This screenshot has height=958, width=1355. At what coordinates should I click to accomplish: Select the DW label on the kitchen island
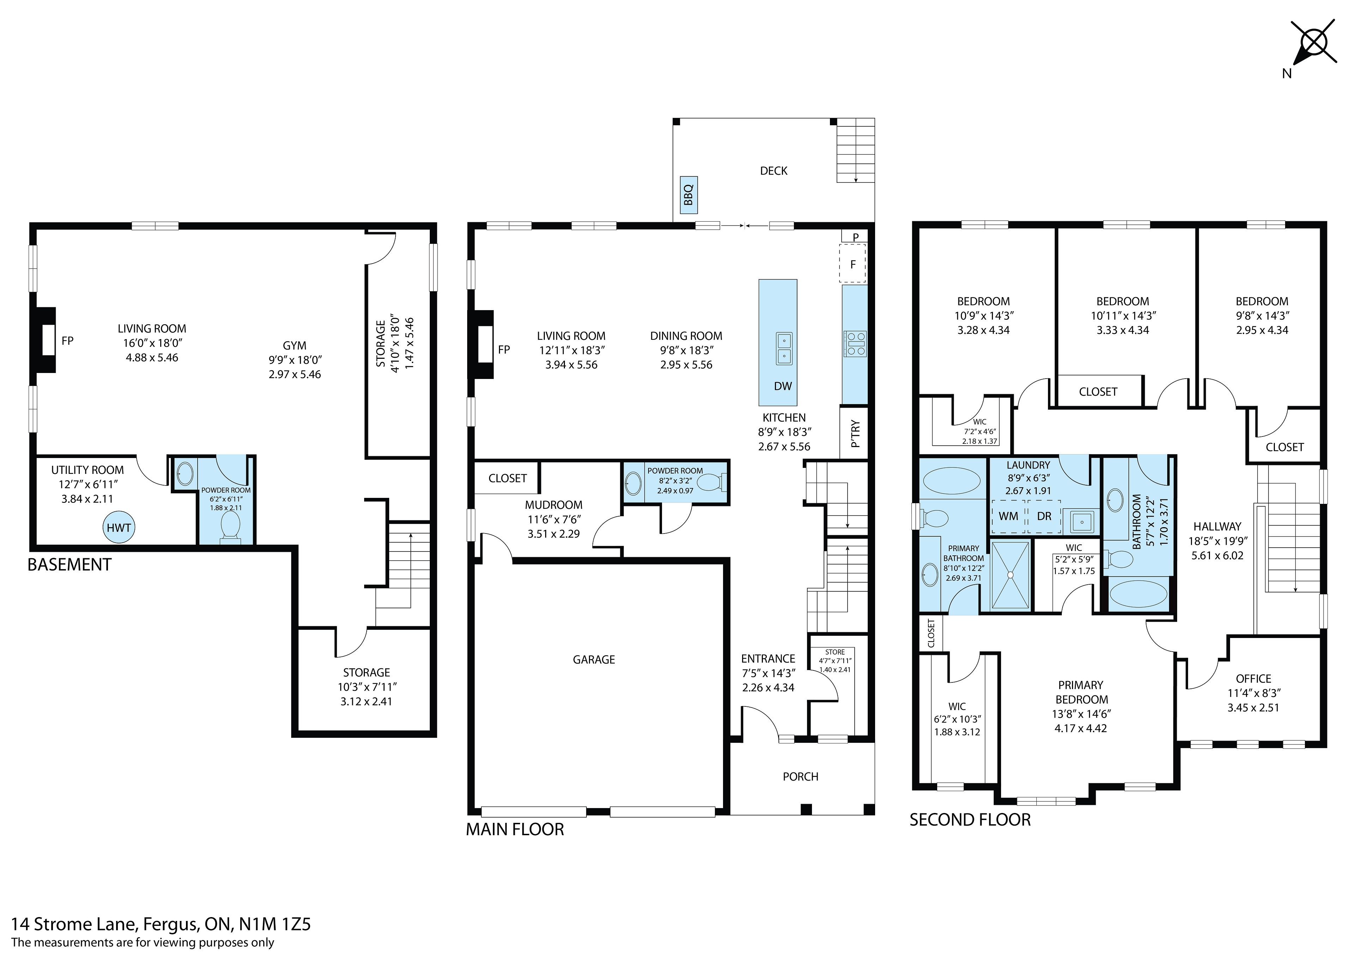pyautogui.click(x=783, y=386)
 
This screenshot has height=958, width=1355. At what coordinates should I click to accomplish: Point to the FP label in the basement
pyautogui.click(x=67, y=341)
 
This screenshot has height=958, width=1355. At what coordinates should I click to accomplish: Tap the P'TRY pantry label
pyautogui.click(x=856, y=433)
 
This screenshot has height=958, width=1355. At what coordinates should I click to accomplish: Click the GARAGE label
pyautogui.click(x=594, y=660)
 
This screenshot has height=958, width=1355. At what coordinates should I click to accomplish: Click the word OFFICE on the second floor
pyautogui.click(x=1253, y=679)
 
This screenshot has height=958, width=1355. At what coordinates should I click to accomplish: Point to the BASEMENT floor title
pyautogui.click(x=70, y=565)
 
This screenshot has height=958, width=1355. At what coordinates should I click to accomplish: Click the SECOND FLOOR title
pyautogui.click(x=970, y=820)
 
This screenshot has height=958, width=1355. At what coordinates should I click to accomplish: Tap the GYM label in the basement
pyautogui.click(x=295, y=346)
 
